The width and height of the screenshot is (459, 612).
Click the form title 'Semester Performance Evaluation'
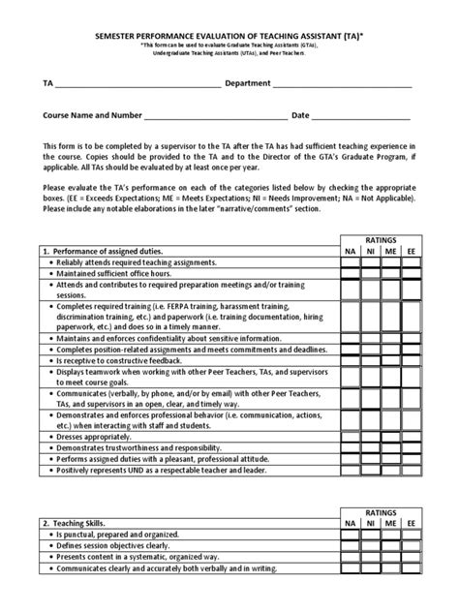(229, 32)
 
